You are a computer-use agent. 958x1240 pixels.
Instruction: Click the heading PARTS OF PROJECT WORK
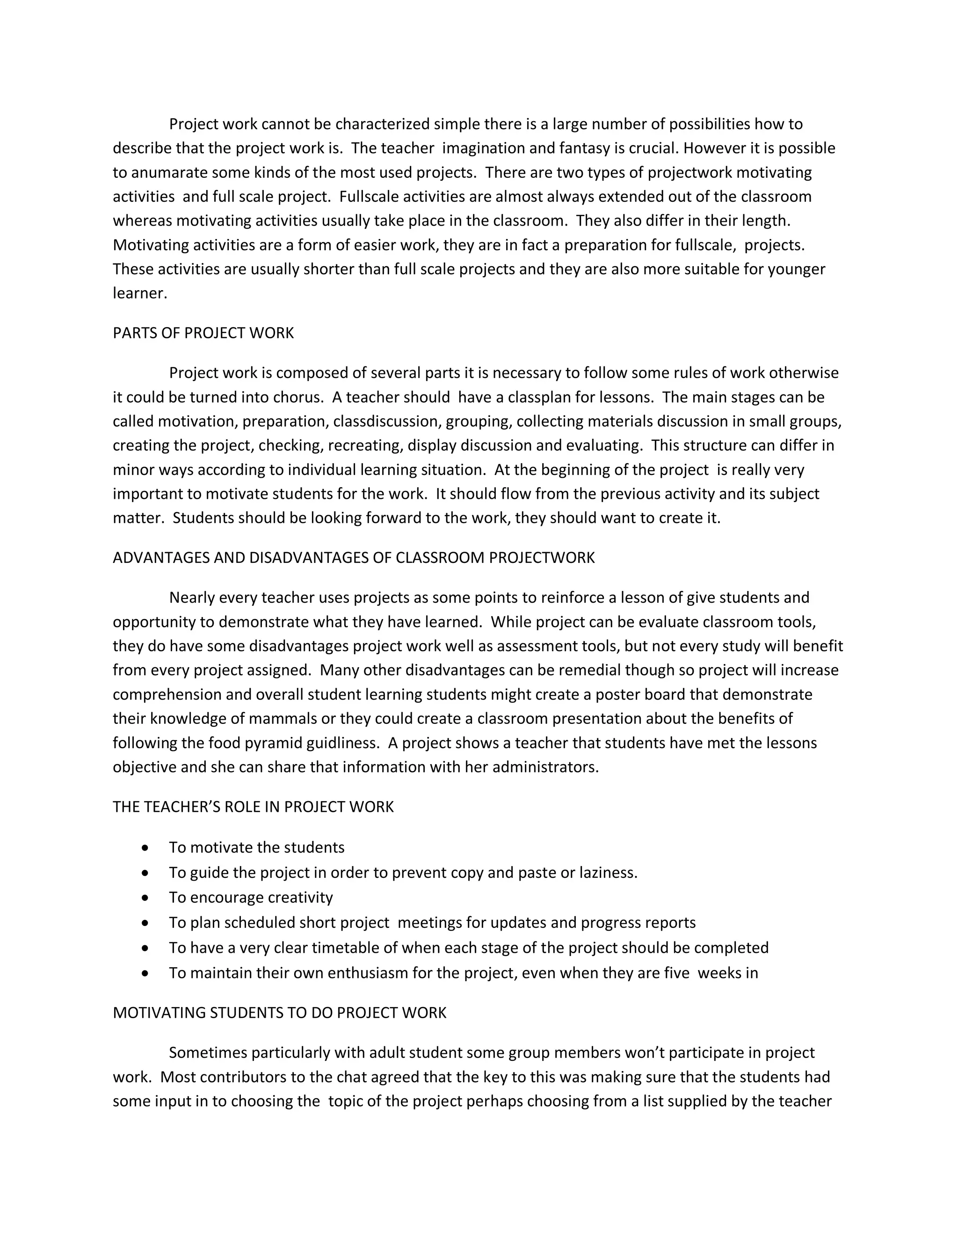tap(203, 333)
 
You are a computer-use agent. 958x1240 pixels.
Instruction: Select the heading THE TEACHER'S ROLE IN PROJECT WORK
tap(253, 807)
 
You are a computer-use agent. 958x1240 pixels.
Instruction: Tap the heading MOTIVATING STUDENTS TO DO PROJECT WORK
tap(279, 1013)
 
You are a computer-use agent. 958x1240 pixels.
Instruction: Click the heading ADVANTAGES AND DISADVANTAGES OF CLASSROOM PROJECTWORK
tap(354, 558)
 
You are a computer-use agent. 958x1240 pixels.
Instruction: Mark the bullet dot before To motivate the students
tap(146, 848)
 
